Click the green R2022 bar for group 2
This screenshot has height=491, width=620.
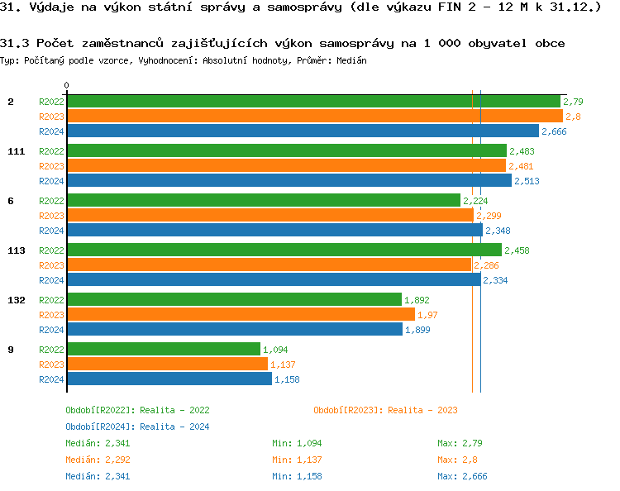[312, 102]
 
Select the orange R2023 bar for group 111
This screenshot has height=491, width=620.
[285, 166]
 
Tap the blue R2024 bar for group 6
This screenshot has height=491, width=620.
[274, 231]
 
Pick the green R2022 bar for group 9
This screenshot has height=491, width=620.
[163, 350]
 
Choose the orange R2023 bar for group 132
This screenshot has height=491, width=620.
[240, 315]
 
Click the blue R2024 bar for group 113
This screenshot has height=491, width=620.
[273, 280]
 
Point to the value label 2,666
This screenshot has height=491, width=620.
[554, 131]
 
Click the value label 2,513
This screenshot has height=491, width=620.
[527, 181]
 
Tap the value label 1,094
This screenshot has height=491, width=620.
[275, 350]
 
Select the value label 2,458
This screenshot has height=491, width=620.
[517, 250]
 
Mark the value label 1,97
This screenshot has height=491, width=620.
[427, 315]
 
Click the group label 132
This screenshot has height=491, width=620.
[16, 300]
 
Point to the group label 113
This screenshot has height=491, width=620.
[16, 250]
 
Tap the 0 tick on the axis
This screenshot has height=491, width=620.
[66, 86]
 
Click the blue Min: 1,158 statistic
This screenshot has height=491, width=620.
[297, 476]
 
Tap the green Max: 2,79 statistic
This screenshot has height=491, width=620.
[460, 443]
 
